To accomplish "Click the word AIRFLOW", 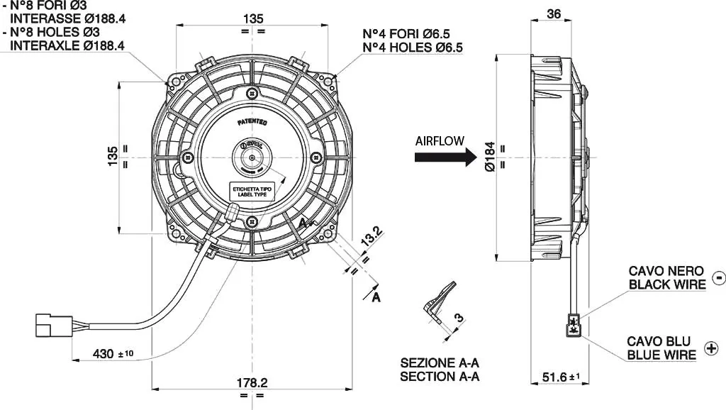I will click(x=440, y=140).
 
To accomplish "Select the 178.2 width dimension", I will click(x=252, y=383).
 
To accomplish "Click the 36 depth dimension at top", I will click(x=554, y=13).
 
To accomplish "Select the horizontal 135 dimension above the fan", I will click(x=252, y=17).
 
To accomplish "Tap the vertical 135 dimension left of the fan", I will click(x=112, y=157).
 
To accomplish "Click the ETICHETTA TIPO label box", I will click(x=252, y=191).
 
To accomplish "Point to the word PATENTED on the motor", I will click(x=252, y=122).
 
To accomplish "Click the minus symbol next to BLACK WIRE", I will click(x=717, y=277).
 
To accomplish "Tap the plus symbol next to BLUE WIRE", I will click(x=711, y=348).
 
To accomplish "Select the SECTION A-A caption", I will click(x=440, y=376).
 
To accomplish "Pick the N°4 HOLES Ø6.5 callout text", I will click(x=413, y=48).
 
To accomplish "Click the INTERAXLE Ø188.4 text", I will click(x=67, y=45).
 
